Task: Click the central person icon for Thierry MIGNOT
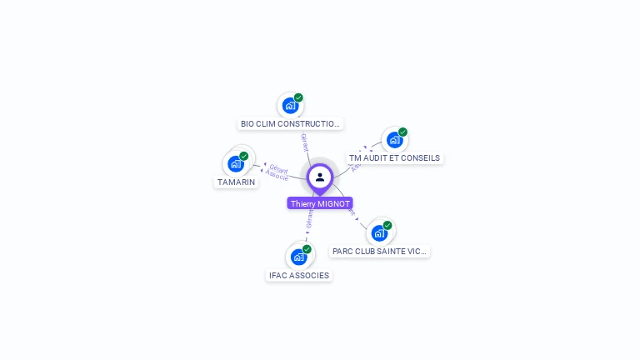click(x=320, y=177)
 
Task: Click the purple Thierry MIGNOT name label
click(x=320, y=203)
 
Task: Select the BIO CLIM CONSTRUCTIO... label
click(x=290, y=123)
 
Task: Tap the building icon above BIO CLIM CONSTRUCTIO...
click(x=290, y=106)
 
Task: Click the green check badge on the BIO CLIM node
click(x=298, y=97)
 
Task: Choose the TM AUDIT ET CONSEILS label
click(x=394, y=157)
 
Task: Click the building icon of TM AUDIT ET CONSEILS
click(x=394, y=140)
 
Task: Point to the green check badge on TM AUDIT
click(x=402, y=132)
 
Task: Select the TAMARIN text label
click(x=236, y=182)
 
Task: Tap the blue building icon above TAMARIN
click(x=236, y=164)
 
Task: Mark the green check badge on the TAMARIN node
click(x=244, y=156)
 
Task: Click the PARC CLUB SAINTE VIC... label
click(x=379, y=251)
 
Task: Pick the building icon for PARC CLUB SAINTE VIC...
click(x=379, y=232)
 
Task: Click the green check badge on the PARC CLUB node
click(x=387, y=225)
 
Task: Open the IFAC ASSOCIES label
click(x=298, y=275)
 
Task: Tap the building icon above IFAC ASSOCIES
click(x=298, y=257)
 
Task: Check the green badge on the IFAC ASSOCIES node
click(x=307, y=249)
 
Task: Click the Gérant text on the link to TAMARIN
click(x=279, y=168)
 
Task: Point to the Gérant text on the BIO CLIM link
click(x=305, y=142)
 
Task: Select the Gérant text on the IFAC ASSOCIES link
click(x=309, y=219)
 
